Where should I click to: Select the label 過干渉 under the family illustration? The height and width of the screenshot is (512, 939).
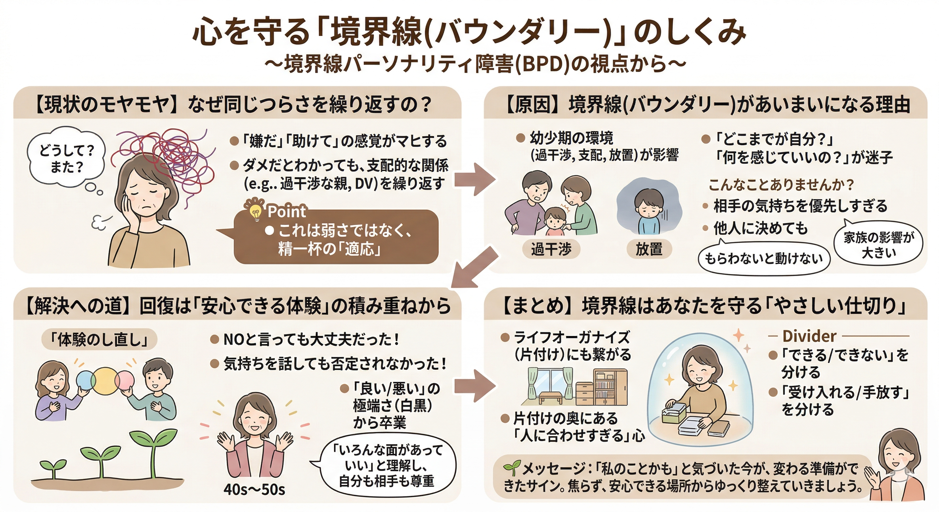click(x=551, y=249)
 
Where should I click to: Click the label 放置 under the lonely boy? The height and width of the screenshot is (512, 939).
click(x=649, y=249)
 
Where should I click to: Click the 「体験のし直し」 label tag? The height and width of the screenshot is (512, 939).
click(x=99, y=340)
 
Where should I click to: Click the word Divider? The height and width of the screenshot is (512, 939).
click(x=809, y=336)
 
